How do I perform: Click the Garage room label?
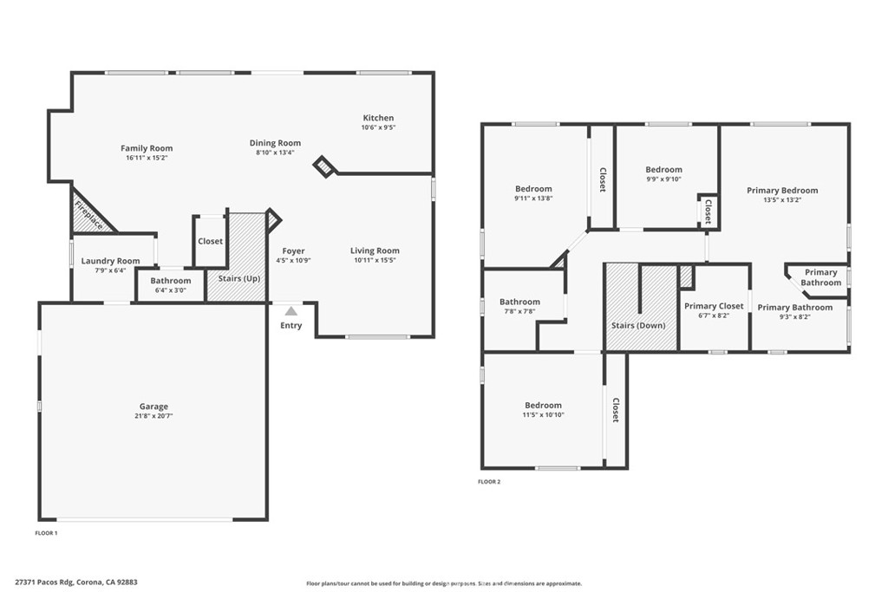[153, 406]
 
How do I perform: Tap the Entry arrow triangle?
[291, 311]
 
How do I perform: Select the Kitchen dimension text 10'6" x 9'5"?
[378, 127]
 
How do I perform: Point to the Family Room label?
[147, 148]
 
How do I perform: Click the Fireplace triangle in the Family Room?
[88, 214]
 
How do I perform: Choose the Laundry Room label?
[110, 261]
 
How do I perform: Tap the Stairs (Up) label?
[239, 278]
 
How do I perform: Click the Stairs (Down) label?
[638, 325]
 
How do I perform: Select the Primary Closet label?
[714, 306]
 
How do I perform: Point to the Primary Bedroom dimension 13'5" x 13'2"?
[782, 200]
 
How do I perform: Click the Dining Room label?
[275, 143]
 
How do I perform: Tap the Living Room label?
[375, 250]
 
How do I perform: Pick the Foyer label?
[293, 250]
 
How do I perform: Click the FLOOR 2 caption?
[489, 482]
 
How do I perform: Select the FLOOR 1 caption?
[46, 532]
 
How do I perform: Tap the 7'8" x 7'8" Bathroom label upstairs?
[519, 302]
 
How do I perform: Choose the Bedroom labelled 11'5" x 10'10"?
[543, 405]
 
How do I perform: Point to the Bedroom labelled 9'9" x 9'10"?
[663, 170]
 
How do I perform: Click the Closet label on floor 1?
[210, 241]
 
